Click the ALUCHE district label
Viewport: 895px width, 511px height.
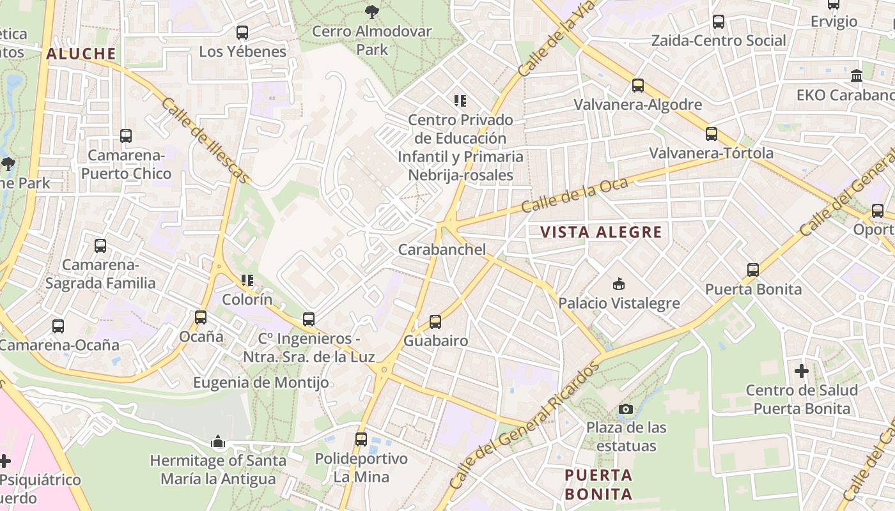pos(81,54)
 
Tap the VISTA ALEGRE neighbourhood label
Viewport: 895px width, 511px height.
pos(601,232)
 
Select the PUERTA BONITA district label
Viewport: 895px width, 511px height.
pos(598,484)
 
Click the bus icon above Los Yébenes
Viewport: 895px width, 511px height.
pos(242,32)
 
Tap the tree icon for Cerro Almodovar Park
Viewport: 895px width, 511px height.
pos(371,11)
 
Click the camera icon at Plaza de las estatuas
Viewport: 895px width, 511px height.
pos(626,409)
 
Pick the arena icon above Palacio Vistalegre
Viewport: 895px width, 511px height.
pos(618,284)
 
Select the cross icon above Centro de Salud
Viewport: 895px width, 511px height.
pos(801,370)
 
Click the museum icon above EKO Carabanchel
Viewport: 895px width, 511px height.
pos(856,76)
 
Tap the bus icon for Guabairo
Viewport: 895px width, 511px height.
pos(435,321)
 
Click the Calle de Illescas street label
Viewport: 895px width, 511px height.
pos(205,141)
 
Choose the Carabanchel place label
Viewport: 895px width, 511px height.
pos(442,249)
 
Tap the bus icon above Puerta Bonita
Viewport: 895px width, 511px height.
pos(752,270)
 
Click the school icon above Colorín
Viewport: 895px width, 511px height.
pos(247,280)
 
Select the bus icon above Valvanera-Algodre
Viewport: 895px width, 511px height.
pos(637,85)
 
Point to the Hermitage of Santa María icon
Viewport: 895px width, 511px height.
pos(218,441)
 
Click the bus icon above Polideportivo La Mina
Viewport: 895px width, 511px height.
pos(361,439)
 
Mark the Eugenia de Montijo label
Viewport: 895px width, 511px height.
pos(261,383)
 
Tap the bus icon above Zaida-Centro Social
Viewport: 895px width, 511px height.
pos(718,22)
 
